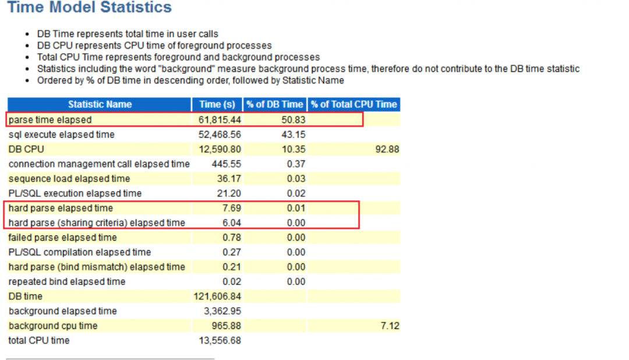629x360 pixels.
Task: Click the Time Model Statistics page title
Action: pyautogui.click(x=89, y=8)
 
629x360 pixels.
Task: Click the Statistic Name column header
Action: pyautogui.click(x=100, y=105)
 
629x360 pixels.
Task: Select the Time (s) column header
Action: pyautogui.click(x=217, y=105)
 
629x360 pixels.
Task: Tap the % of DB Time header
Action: pyautogui.click(x=274, y=105)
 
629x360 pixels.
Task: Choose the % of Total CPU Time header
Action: pyautogui.click(x=354, y=105)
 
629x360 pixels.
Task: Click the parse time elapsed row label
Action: pyautogui.click(x=50, y=120)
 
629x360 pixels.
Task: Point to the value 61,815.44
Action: pyautogui.click(x=217, y=120)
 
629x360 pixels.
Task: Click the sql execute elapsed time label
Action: pyautogui.click(x=61, y=135)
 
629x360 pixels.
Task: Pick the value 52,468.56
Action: pyautogui.click(x=217, y=135)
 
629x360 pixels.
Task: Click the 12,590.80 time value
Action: pyautogui.click(x=217, y=149)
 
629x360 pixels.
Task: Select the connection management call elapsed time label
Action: pyautogui.click(x=99, y=164)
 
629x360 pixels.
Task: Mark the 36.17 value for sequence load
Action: pyautogui.click(x=228, y=179)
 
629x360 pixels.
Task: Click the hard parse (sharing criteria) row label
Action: pyautogui.click(x=97, y=223)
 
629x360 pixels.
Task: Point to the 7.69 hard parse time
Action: pyautogui.click(x=231, y=208)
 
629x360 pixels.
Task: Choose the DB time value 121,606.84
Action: pyautogui.click(x=217, y=297)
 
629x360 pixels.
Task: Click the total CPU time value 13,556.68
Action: pyautogui.click(x=217, y=340)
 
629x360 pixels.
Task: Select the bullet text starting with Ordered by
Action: pyautogui.click(x=190, y=80)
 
